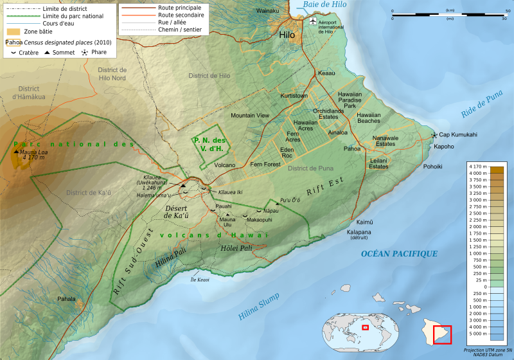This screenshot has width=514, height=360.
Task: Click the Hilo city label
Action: pos(287,36)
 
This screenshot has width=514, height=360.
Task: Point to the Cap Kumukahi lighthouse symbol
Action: pos(435,135)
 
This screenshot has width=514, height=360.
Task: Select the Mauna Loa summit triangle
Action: pos(15,151)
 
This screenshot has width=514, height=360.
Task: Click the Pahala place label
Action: pos(66,299)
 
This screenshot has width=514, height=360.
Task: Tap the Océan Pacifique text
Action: pos(399,254)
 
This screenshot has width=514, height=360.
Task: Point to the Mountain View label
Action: pos(250,115)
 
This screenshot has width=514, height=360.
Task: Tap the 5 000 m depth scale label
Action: pos(477,334)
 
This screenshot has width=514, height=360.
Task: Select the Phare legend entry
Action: pos(97,53)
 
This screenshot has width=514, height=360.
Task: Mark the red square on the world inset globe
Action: pos(365,327)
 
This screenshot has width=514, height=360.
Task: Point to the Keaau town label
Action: pos(326,74)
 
